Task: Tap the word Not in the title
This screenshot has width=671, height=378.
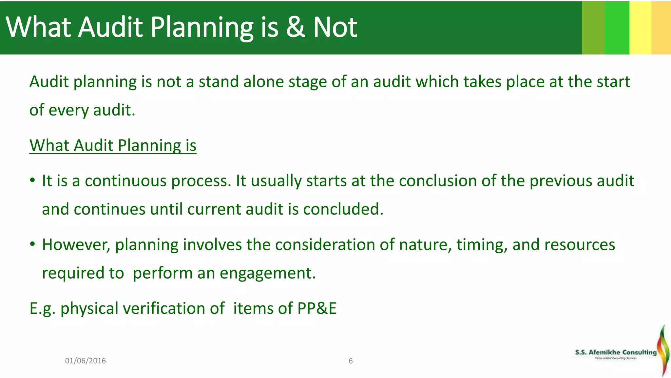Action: [x=335, y=28]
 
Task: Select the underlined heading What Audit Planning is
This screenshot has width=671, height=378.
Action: [x=113, y=145]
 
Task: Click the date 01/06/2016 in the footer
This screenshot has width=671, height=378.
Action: [x=85, y=361]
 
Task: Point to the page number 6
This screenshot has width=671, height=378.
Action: [x=351, y=361]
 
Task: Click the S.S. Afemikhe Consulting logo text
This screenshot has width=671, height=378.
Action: [x=616, y=352]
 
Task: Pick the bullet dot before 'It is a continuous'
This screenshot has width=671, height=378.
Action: [x=32, y=180]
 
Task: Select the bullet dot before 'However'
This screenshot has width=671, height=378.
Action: [x=32, y=244]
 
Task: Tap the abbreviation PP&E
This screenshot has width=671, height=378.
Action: [x=317, y=308]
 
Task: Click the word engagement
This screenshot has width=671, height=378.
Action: [x=267, y=273]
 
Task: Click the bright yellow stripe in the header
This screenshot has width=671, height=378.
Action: [x=640, y=28]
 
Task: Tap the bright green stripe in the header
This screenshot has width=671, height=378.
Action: [x=617, y=28]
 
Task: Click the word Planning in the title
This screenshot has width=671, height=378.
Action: [x=202, y=28]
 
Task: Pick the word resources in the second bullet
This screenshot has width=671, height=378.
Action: [x=580, y=245]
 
